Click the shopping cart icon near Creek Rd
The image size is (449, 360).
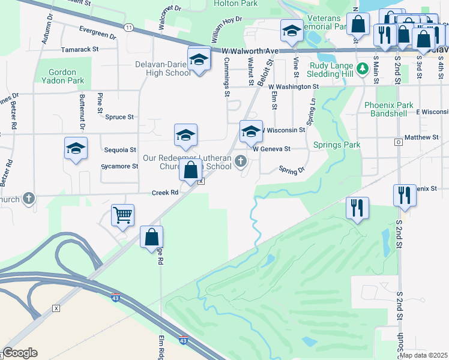coord(123,215)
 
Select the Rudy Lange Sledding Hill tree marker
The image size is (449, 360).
coord(361,69)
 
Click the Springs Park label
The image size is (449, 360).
coord(337,145)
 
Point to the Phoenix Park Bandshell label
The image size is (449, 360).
coord(390,109)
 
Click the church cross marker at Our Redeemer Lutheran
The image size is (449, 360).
coord(241,160)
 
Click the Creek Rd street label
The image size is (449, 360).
coord(166,193)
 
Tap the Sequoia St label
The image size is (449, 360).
coord(120,149)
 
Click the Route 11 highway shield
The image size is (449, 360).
coord(128,28)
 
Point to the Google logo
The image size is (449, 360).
coord(20,353)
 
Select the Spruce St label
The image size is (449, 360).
coord(119,117)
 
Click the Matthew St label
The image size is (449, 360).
coord(421,137)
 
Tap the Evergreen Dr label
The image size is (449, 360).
coord(97,32)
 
